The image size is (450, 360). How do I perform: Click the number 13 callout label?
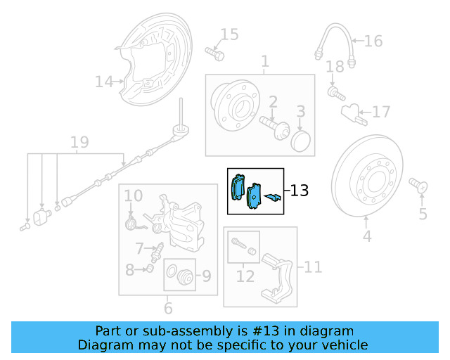(299, 191)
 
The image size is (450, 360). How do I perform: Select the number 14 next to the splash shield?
(103, 82)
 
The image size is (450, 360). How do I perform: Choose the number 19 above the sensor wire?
(79, 143)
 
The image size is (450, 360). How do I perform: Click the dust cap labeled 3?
(300, 140)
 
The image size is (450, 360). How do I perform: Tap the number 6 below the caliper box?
(168, 307)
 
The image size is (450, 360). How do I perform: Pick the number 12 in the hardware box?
(245, 276)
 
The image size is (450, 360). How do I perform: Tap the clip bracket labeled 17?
(352, 112)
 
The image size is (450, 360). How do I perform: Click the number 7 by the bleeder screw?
(139, 247)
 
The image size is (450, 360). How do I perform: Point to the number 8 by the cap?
(129, 269)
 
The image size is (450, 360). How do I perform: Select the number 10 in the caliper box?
(134, 195)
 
